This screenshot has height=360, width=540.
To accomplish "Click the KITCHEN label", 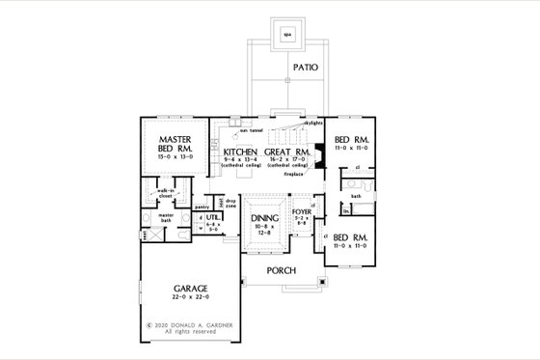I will pyautogui.click(x=239, y=152).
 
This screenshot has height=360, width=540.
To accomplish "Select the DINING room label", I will pyautogui.click(x=264, y=219).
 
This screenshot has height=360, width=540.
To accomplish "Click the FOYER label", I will pyautogui.click(x=303, y=210).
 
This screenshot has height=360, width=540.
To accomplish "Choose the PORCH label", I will pyautogui.click(x=282, y=269).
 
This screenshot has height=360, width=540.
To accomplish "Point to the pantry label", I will pyautogui.click(x=202, y=207).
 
